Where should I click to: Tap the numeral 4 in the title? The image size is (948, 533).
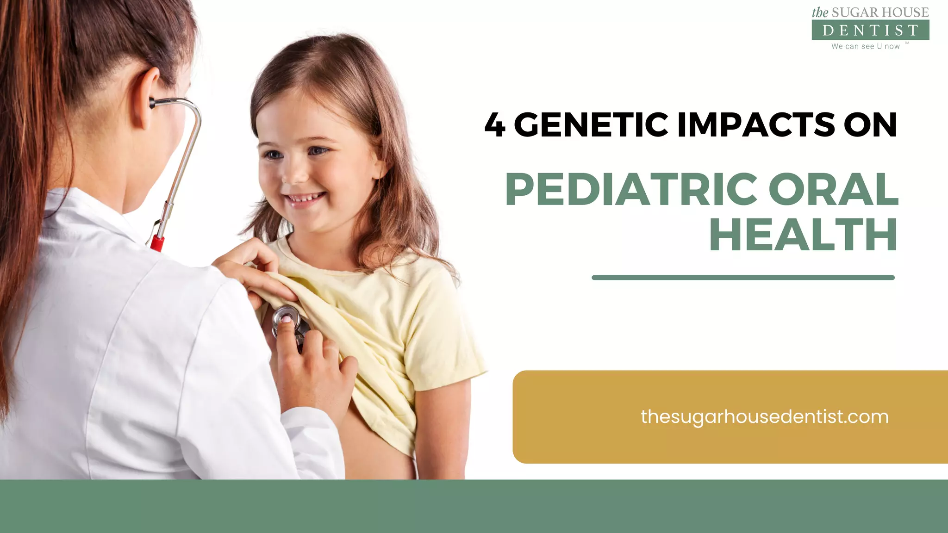click(495, 125)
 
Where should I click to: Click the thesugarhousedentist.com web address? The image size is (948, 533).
click(764, 417)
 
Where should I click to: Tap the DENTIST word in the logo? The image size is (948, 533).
click(870, 31)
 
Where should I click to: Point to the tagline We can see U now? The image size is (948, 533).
click(865, 46)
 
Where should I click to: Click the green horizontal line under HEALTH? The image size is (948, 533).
click(743, 278)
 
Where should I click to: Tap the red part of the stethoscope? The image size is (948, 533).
click(157, 242)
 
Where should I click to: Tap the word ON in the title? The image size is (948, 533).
click(870, 125)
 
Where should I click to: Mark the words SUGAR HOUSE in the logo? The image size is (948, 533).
click(880, 12)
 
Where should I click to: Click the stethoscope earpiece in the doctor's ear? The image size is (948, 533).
click(153, 103)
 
